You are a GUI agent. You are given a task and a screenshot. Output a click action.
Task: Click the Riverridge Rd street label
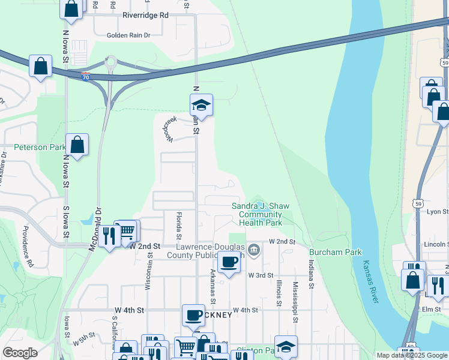pyautogui.click(x=145, y=16)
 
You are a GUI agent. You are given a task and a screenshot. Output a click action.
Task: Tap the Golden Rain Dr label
pyautogui.click(x=128, y=35)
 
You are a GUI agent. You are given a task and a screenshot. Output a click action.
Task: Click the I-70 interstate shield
pyautogui.click(x=87, y=77)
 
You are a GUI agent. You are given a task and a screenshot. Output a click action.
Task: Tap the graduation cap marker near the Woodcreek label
pyautogui.click(x=202, y=106)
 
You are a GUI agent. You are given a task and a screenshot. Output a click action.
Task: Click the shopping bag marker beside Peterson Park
pyautogui.click(x=77, y=145)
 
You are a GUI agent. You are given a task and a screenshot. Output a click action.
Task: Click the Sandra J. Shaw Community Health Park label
pyautogui.click(x=257, y=214)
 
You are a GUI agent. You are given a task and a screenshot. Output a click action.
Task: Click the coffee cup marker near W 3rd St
pyautogui.click(x=229, y=262)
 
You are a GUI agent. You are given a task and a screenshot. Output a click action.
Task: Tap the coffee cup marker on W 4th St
pyautogui.click(x=193, y=315)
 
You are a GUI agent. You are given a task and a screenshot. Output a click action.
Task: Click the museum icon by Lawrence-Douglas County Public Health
pyautogui.click(x=254, y=249)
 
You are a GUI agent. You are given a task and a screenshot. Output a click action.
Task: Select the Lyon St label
pyautogui.click(x=436, y=212)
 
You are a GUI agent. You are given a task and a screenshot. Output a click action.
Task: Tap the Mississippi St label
pyautogui.click(x=295, y=302)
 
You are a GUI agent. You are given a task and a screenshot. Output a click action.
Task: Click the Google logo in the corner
pyautogui.click(x=20, y=353)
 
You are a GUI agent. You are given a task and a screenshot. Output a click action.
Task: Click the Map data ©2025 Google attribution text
pyautogui.click(x=411, y=355)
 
